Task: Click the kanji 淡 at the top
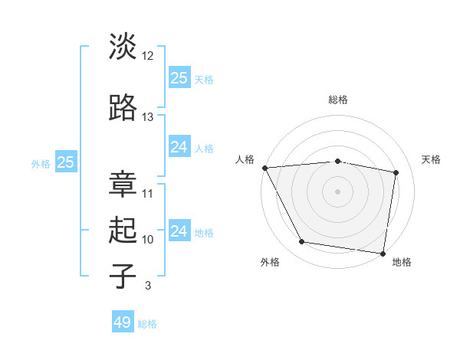(x=123, y=47)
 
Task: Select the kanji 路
(x=123, y=108)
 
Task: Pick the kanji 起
(x=123, y=231)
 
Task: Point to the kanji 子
(x=123, y=276)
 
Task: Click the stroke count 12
(x=148, y=56)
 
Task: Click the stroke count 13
(x=148, y=117)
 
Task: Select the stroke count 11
(x=148, y=193)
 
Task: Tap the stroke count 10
(x=148, y=240)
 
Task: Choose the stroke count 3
(x=147, y=286)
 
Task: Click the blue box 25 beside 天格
(x=179, y=78)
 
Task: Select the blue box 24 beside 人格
(x=179, y=147)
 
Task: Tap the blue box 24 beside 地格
(x=179, y=231)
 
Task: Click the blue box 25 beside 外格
(x=65, y=162)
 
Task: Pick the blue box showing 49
(x=123, y=322)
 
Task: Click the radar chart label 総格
(x=337, y=100)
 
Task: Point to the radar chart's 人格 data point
(x=264, y=168)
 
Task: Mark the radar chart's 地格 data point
(x=383, y=253)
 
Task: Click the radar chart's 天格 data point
(x=396, y=172)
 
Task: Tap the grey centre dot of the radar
(x=337, y=191)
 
